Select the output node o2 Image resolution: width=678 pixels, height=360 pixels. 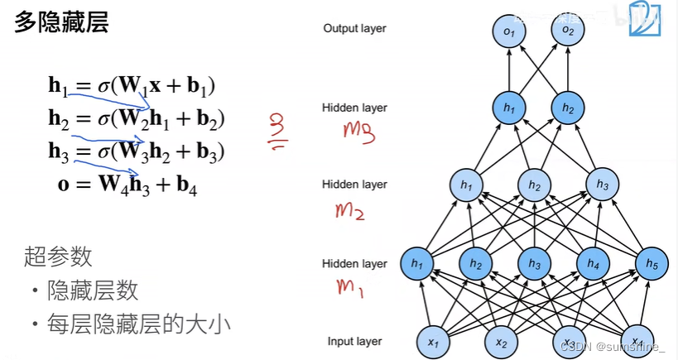click(x=567, y=31)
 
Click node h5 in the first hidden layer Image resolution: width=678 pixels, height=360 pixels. click(x=652, y=264)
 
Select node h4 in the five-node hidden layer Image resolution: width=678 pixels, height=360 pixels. click(x=592, y=264)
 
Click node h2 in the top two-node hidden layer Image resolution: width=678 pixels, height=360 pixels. click(x=567, y=108)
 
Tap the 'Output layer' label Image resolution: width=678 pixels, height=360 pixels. click(x=354, y=29)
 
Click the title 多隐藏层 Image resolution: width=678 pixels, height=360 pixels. click(x=61, y=23)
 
